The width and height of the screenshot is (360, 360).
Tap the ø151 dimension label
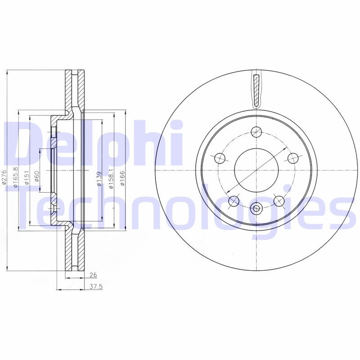pos(27,177)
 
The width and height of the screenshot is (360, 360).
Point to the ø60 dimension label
pos(37,176)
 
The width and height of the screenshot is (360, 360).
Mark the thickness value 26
pos(93,274)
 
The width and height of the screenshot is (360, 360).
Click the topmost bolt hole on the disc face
pos(256,132)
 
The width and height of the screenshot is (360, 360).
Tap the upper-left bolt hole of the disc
pos(220,158)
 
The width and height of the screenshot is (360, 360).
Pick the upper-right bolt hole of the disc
pos(293,158)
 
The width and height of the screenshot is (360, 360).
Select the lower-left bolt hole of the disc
pos(234,201)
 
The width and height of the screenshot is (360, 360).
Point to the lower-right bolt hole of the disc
pos(279,201)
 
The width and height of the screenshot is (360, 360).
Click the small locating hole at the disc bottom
pos(256,208)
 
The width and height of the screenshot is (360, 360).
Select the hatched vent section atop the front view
pos(256,90)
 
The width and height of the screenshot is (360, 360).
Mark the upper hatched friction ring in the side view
pos(69,90)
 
